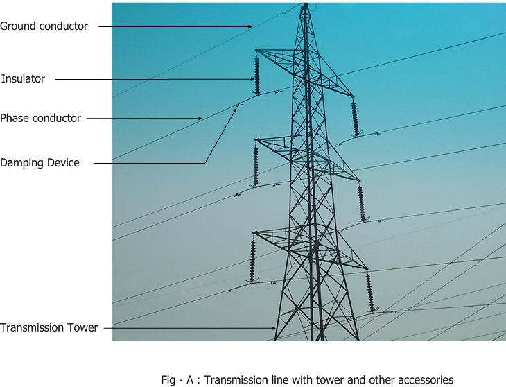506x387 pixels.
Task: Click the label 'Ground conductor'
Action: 44,26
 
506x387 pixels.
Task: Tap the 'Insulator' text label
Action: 23,79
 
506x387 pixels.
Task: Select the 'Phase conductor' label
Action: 40,118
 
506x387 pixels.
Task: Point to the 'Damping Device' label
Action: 40,162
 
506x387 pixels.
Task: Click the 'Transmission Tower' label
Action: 49,327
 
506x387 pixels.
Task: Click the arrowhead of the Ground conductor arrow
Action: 251,27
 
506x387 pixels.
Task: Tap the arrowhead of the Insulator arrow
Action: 253,79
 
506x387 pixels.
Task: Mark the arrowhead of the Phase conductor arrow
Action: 200,119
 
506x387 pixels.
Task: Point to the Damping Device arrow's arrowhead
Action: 235,110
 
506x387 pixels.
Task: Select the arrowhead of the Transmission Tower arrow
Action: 274,328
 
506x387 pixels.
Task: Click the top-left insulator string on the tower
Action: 257,76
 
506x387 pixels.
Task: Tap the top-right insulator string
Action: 355,118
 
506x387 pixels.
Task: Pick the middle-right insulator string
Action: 361,203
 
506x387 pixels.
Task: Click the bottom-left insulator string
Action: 252,261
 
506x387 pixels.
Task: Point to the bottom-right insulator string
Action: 370,293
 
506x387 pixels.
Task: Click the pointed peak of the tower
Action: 304,3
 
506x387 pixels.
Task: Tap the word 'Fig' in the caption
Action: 168,380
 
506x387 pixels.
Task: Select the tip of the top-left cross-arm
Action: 256,51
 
